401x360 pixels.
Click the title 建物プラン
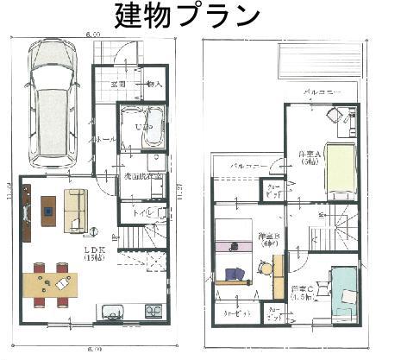tap(199, 15)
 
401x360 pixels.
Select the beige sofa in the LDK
tap(74, 210)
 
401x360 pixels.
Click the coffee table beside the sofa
tap(47, 206)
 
